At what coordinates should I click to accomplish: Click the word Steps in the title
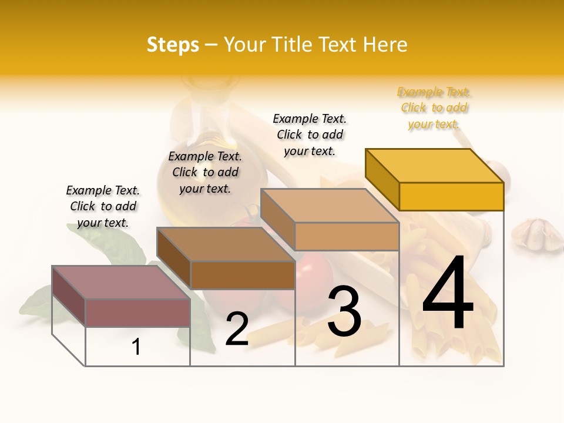pyautogui.click(x=173, y=45)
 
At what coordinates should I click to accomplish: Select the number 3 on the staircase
pyautogui.click(x=344, y=311)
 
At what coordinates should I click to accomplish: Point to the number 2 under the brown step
pyautogui.click(x=237, y=330)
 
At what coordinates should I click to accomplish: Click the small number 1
pyautogui.click(x=136, y=347)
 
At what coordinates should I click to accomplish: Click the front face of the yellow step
pyautogui.click(x=451, y=196)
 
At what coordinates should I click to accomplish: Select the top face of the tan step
pyautogui.click(x=329, y=206)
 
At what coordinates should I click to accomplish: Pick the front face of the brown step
pyautogui.click(x=242, y=275)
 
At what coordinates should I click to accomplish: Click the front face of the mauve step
pyautogui.click(x=137, y=313)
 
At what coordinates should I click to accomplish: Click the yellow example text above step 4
pyautogui.click(x=434, y=108)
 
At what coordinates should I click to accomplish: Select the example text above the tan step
pyautogui.click(x=310, y=135)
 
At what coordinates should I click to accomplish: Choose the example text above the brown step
pyautogui.click(x=205, y=172)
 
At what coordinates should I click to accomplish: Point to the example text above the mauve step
pyautogui.click(x=103, y=206)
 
